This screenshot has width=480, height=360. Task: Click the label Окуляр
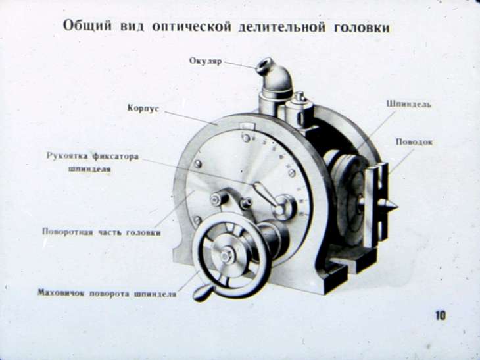pyautogui.click(x=205, y=61)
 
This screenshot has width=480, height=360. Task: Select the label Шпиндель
pyautogui.click(x=409, y=104)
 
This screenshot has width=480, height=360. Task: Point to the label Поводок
pyautogui.click(x=414, y=142)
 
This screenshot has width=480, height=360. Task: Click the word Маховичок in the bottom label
pyautogui.click(x=61, y=293)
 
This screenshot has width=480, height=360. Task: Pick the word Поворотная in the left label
pyautogui.click(x=67, y=232)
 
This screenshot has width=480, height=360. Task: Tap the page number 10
pyautogui.click(x=441, y=315)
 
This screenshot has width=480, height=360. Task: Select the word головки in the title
pyautogui.click(x=362, y=28)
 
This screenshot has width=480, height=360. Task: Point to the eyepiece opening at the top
pyautogui.click(x=264, y=65)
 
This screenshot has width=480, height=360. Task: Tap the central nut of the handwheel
pyautogui.click(x=226, y=255)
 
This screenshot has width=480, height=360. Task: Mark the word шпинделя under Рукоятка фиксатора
pyautogui.click(x=89, y=169)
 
